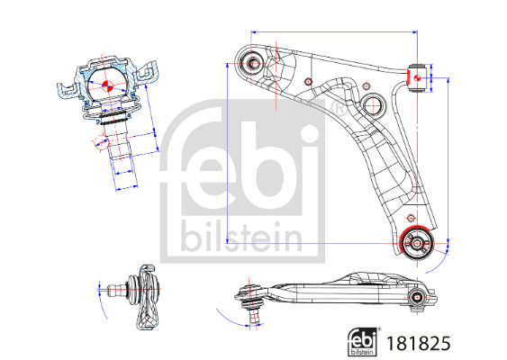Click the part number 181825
[419, 343]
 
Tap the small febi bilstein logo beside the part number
[364, 342]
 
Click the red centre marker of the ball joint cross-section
[106, 86]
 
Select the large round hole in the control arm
[374, 104]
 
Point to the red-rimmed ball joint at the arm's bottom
[417, 243]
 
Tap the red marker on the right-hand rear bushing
[416, 77]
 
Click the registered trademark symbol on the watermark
[339, 108]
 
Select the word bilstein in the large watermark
[241, 236]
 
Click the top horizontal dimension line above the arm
[334, 32]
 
